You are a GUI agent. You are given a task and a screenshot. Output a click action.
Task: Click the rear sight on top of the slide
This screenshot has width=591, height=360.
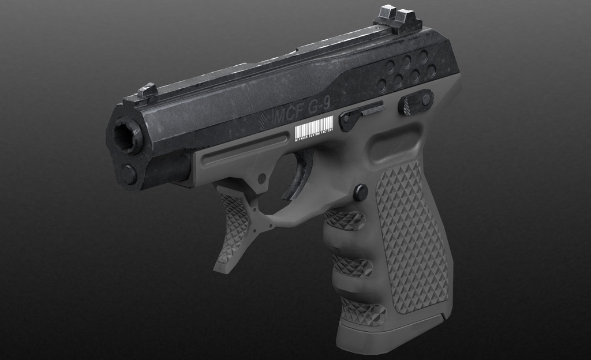point(398,18)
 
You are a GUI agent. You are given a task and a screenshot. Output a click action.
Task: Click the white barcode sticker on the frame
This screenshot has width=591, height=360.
point(314,126)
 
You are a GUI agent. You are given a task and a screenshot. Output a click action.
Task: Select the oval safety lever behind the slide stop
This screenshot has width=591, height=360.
point(416,102)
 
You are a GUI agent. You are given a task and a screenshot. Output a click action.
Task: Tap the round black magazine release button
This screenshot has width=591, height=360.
point(361,192)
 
